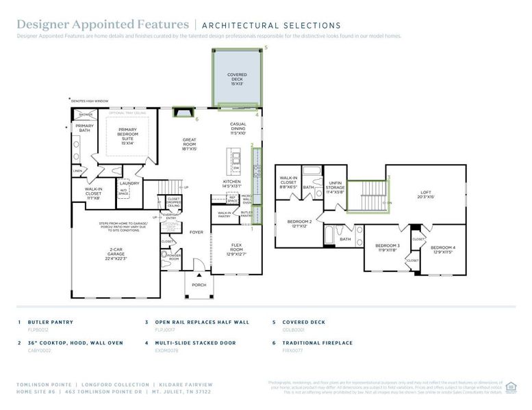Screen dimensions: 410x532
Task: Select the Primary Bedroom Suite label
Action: tap(127, 136)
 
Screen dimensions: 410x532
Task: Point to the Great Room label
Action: tap(190, 144)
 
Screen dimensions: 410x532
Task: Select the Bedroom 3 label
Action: tap(387, 247)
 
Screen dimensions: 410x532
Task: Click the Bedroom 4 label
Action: tap(442, 249)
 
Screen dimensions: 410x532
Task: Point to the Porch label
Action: tap(199, 285)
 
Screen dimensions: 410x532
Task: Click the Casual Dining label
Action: tap(238, 128)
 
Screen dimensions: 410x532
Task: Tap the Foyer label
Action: tap(197, 232)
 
